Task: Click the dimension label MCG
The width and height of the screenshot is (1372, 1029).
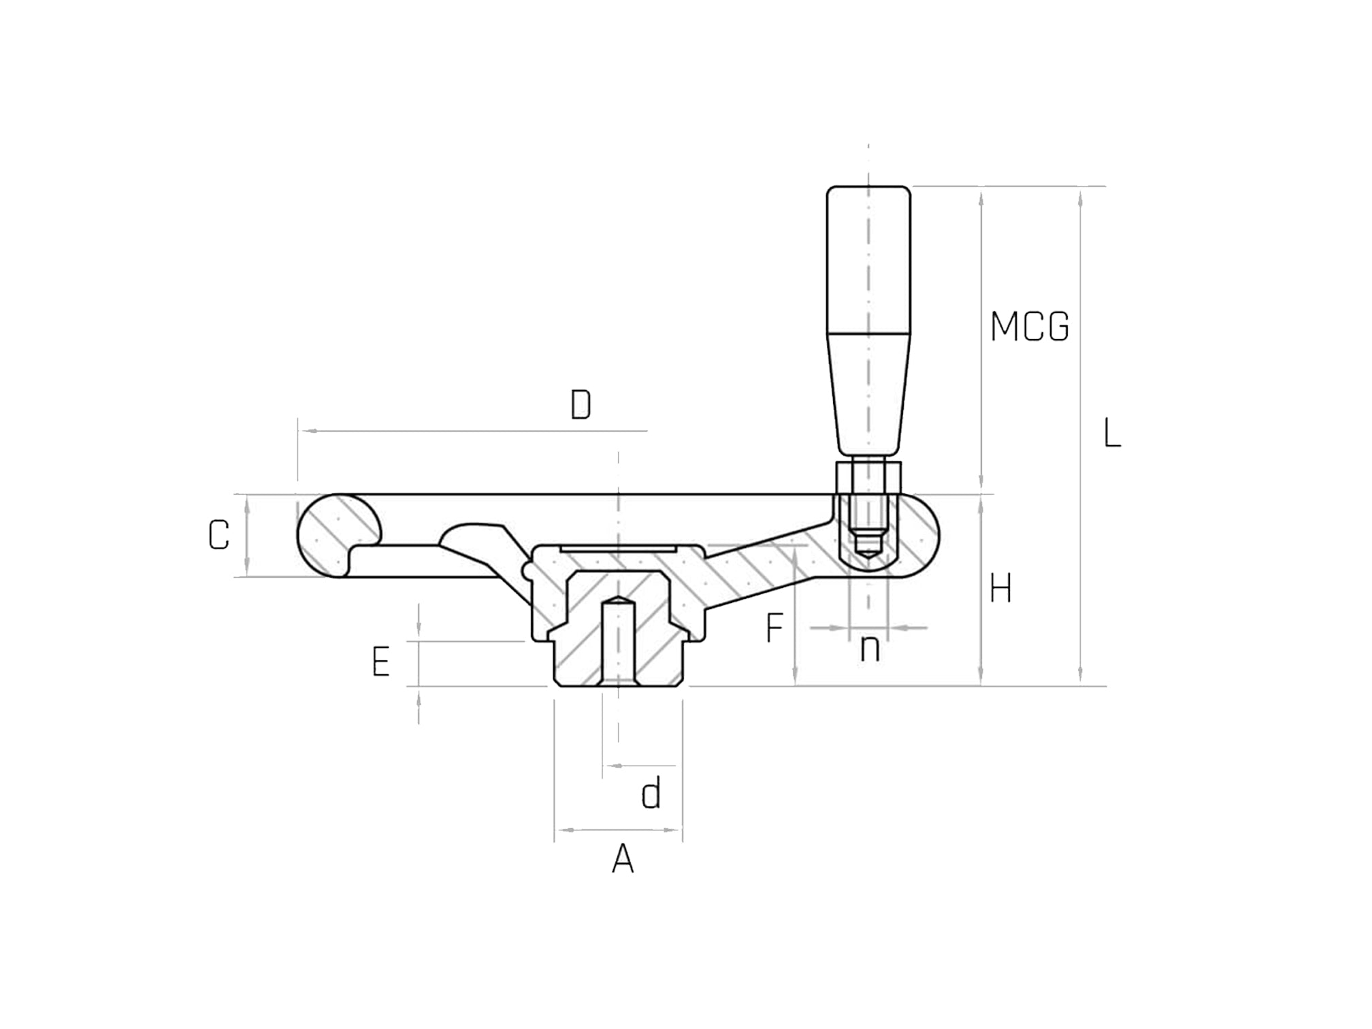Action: point(1029,327)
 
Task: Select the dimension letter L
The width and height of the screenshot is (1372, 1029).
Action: point(1111,434)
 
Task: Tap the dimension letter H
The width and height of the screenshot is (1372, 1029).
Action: point(1000,589)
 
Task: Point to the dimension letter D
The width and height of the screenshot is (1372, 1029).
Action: point(581,406)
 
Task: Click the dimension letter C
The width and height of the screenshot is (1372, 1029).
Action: point(218,536)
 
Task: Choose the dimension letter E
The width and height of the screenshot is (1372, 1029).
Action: point(380,662)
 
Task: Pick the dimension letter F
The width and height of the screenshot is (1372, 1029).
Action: point(774,627)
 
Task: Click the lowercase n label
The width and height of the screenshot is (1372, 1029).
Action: point(870,649)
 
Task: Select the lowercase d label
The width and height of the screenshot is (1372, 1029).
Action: point(651,794)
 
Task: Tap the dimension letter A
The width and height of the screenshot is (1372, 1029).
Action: point(623,860)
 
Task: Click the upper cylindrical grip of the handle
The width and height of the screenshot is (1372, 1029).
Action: point(868,259)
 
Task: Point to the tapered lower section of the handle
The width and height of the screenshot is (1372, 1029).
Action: point(868,395)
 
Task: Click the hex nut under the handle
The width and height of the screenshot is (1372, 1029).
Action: point(868,478)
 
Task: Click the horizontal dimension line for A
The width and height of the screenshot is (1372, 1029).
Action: point(618,830)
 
